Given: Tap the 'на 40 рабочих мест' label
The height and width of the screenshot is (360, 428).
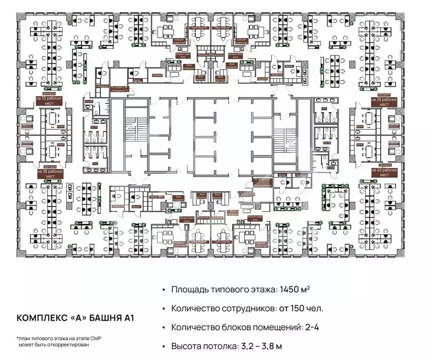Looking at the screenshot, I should tap(381, 172).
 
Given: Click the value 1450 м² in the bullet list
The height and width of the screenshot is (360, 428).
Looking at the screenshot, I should tap(293, 290).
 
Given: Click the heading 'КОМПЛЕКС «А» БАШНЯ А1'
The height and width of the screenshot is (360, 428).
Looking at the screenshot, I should tap(76, 318).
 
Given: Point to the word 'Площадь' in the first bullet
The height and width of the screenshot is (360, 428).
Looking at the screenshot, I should tap(187, 290).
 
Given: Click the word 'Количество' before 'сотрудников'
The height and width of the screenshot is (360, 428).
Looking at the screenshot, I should tap(193, 308).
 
